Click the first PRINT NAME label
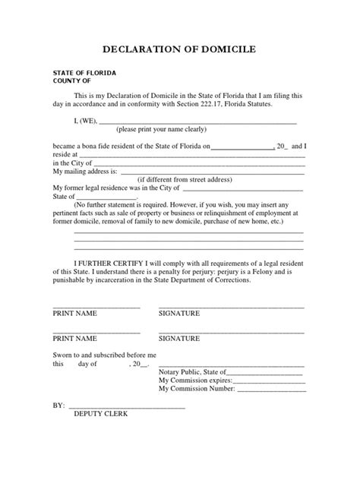click(x=74, y=312)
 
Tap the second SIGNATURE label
click(x=179, y=338)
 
